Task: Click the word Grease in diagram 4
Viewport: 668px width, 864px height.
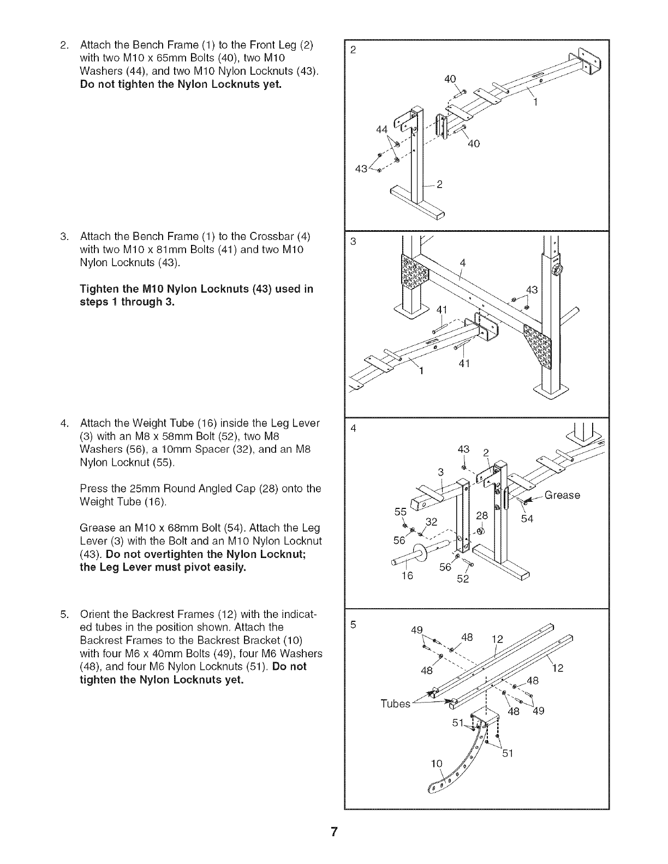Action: [562, 495]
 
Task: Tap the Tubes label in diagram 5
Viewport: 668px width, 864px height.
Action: [395, 704]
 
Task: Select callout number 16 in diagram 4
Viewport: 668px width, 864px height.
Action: [407, 575]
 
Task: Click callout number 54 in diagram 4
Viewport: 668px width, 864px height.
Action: [527, 519]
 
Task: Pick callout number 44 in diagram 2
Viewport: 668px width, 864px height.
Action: [382, 129]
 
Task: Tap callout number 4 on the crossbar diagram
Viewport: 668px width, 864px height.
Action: [463, 263]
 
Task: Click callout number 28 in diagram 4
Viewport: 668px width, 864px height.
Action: [482, 515]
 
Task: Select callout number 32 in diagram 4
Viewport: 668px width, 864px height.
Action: [432, 521]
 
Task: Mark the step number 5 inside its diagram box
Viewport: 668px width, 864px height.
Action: [353, 626]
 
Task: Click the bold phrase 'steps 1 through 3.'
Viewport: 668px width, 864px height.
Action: [127, 302]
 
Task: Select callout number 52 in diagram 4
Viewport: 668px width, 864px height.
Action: [462, 579]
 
